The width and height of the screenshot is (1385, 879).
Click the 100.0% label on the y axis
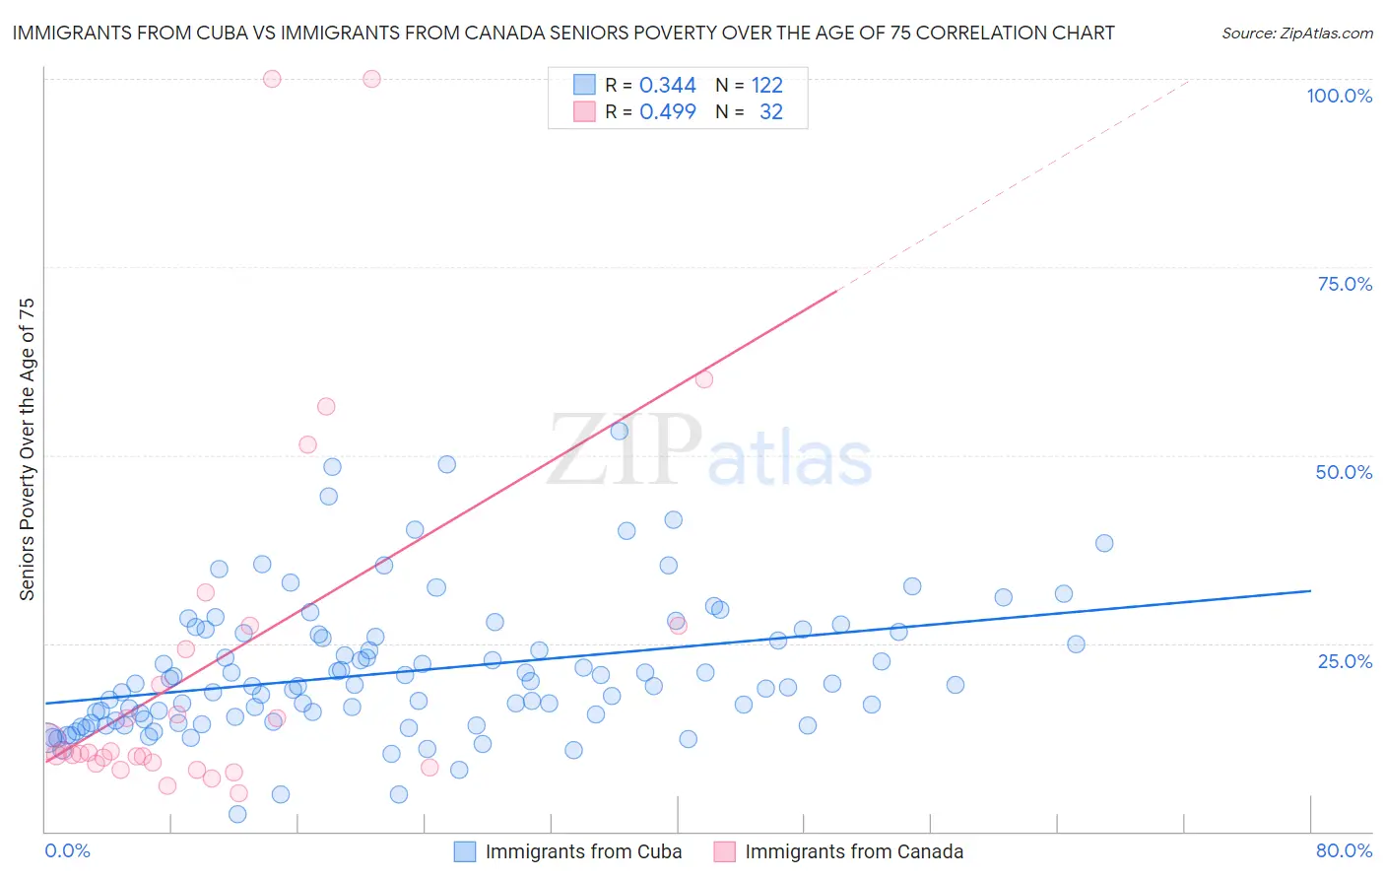(1339, 96)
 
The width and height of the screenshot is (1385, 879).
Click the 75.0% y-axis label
(1345, 284)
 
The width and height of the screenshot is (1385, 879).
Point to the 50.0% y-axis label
(1344, 472)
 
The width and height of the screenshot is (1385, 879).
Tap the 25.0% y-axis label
(1345, 660)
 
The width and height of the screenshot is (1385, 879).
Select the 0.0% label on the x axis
(67, 850)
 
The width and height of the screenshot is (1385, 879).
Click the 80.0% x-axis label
(1344, 850)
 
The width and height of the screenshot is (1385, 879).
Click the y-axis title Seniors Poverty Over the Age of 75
(28, 448)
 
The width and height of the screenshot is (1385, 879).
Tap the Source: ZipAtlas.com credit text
(1296, 33)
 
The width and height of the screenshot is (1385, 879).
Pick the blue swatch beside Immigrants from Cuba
(464, 851)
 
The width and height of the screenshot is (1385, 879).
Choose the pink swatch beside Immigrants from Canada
(724, 851)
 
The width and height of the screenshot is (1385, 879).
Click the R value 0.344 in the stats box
(667, 86)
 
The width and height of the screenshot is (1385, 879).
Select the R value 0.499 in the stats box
(667, 112)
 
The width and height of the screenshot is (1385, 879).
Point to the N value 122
(766, 86)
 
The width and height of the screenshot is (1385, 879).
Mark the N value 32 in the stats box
(770, 112)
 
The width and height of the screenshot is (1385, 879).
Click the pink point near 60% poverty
(703, 379)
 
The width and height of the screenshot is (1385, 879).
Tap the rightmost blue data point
(1104, 543)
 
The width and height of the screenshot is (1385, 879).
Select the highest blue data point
(619, 431)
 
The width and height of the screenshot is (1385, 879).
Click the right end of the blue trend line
(1310, 590)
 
